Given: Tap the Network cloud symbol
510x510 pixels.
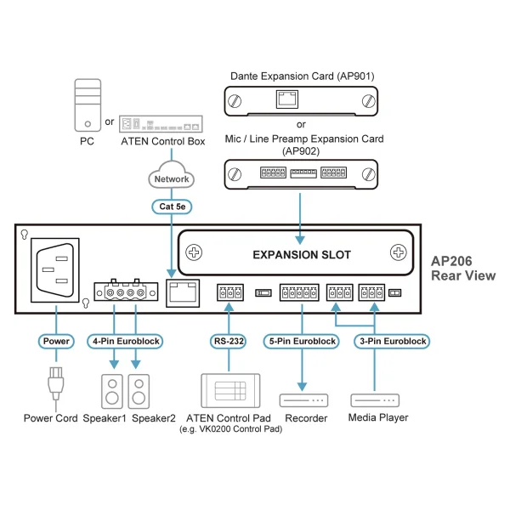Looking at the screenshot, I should (171, 179).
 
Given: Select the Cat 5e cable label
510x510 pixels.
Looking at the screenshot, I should (171, 206).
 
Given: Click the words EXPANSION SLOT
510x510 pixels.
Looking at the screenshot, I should (301, 254).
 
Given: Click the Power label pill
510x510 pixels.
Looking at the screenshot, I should (56, 341).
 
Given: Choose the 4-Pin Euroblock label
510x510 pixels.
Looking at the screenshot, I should (125, 341).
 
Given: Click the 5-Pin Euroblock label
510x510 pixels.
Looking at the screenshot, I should (301, 341).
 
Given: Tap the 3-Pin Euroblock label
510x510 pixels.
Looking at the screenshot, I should (392, 341).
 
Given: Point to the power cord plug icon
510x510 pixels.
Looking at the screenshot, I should (56, 384).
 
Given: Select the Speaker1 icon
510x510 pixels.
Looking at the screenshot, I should (111, 390).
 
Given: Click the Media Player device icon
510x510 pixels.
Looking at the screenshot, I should (375, 399).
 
